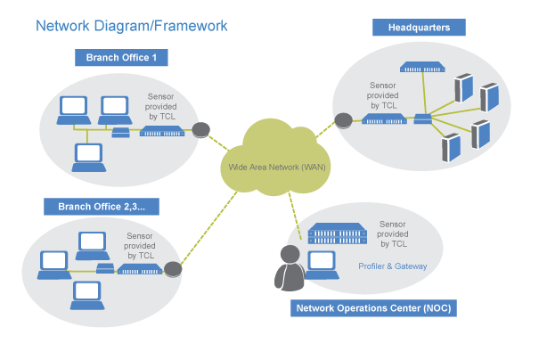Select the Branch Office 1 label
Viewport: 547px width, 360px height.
[x=127, y=59]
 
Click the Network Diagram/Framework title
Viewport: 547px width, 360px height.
[x=131, y=26]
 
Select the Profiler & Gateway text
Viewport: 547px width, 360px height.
[x=392, y=266]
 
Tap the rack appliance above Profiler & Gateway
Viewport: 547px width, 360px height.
[x=338, y=233]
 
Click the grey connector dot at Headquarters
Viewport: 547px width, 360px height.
[x=343, y=119]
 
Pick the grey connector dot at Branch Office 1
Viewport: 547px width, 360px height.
[x=201, y=130]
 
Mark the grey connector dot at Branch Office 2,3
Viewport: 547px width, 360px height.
[x=173, y=268]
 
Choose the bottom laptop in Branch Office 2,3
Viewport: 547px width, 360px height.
[x=86, y=291]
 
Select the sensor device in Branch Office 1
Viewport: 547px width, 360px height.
[x=162, y=133]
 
